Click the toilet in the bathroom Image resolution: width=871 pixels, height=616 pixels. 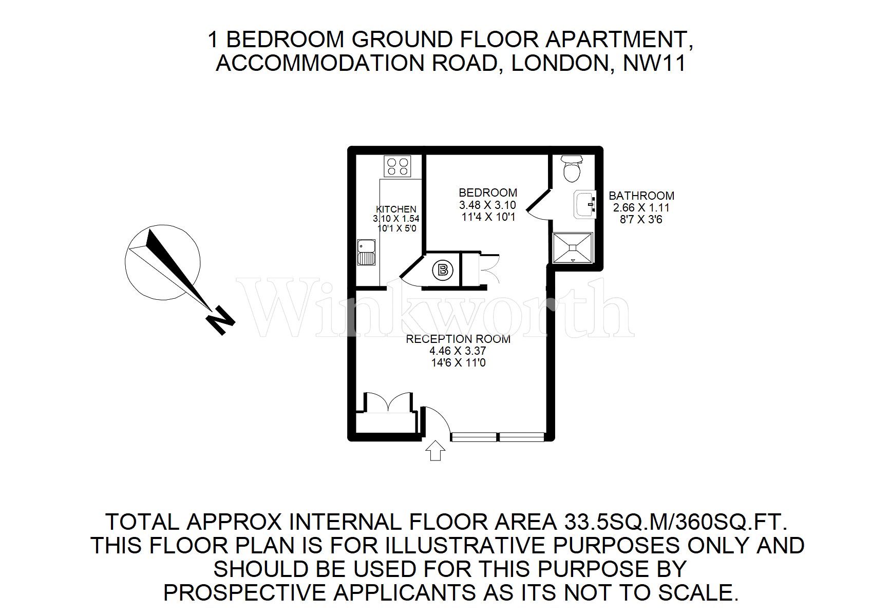(x=572, y=169)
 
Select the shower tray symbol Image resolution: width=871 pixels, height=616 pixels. (x=573, y=248)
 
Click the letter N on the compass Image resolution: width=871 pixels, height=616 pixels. (x=220, y=320)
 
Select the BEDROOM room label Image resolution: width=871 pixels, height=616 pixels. (x=487, y=193)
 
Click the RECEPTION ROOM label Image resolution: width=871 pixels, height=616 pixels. (x=458, y=339)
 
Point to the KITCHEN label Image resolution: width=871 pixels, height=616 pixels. (x=396, y=209)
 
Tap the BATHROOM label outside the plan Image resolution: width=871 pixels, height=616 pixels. (x=641, y=196)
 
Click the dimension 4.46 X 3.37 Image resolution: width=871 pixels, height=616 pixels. (x=458, y=351)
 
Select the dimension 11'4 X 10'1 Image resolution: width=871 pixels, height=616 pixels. (x=487, y=217)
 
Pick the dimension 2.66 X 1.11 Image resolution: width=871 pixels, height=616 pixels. (x=641, y=208)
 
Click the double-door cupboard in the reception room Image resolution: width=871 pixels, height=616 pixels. (x=389, y=403)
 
